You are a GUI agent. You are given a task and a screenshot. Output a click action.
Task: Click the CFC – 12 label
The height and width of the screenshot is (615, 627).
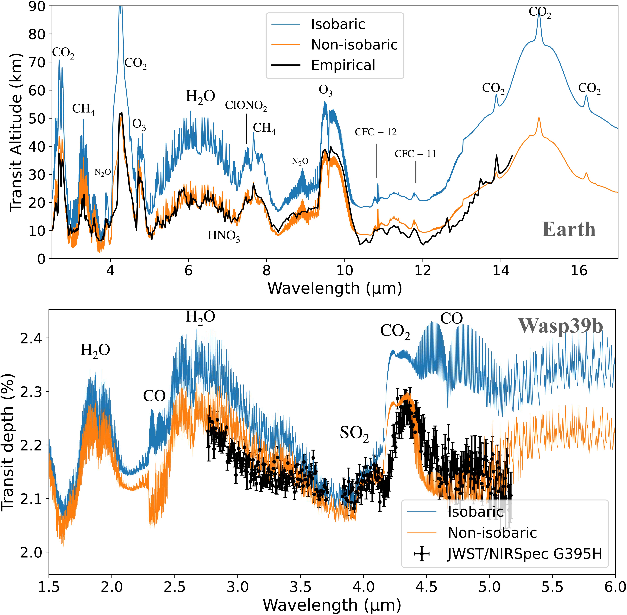point(376,132)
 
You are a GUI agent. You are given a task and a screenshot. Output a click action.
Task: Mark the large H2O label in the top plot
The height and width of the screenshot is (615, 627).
point(200,96)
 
